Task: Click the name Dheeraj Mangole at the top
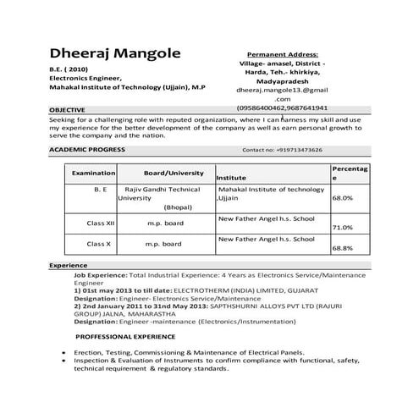(114, 55)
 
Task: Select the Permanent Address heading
(283, 52)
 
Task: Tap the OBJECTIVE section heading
(68, 111)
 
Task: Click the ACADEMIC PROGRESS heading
(87, 149)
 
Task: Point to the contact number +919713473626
(282, 150)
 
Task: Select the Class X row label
(98, 244)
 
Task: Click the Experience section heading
(69, 266)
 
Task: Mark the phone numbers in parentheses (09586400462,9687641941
(283, 108)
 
